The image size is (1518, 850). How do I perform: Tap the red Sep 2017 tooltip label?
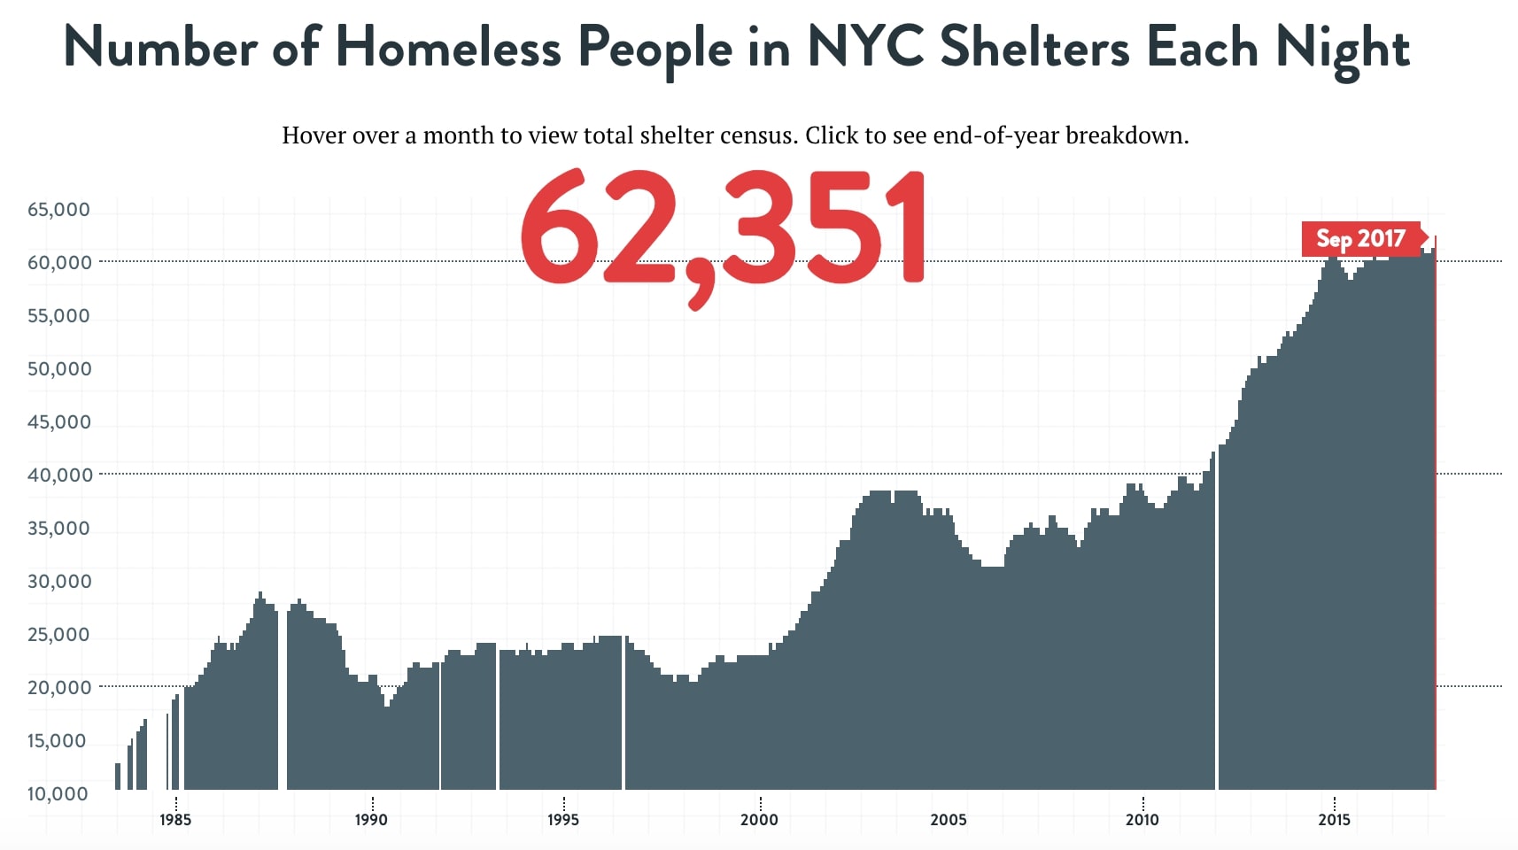coord(1360,239)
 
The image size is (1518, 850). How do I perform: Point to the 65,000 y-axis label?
coord(58,210)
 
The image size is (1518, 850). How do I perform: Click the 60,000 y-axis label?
coord(59,263)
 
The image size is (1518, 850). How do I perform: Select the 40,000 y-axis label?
coord(59,475)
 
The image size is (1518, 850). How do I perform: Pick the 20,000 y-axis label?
coord(59,688)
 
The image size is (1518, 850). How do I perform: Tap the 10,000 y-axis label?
coord(58,794)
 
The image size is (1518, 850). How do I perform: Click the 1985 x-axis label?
coord(175,819)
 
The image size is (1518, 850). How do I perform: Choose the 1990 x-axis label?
coord(371,819)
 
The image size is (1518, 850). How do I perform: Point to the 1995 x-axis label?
coord(563,819)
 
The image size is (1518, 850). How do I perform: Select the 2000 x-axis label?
coord(759,819)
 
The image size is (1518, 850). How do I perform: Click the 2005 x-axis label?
coord(949,819)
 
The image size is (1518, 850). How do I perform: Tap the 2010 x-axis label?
coord(1142,819)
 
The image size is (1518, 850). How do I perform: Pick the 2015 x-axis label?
coord(1334,819)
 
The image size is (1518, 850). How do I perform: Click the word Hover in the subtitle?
coord(314,135)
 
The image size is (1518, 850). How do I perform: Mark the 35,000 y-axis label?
coord(59,529)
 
